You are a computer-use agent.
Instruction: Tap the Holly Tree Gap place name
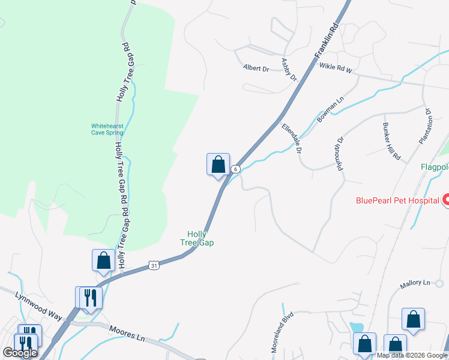pos(197,238)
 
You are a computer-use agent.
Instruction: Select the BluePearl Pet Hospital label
pos(398,201)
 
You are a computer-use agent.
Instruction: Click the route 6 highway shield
pos(236,169)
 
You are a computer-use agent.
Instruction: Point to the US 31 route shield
pos(154,265)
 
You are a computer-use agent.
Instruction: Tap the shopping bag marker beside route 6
pos(218,164)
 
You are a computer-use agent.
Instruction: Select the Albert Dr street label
pos(256,68)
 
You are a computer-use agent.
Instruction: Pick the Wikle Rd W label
pos(335,68)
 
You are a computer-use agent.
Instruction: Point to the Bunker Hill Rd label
pos(391,141)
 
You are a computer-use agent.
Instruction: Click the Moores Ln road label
pos(127,333)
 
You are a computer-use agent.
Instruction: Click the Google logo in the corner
pos(20,353)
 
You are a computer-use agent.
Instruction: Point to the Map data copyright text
pos(412,355)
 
